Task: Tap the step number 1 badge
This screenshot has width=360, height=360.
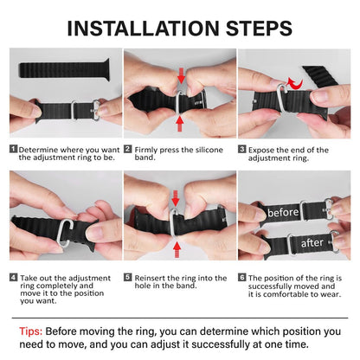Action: tap(13, 150)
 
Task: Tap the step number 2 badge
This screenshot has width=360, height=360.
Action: tap(128, 150)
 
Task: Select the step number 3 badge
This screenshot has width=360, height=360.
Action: tap(242, 150)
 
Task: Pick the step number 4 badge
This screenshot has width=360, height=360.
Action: tap(13, 278)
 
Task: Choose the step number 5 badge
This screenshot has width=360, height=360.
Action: tap(128, 278)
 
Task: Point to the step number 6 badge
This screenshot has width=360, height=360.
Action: tap(242, 278)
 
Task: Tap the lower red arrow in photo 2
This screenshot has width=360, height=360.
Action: tap(179, 123)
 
